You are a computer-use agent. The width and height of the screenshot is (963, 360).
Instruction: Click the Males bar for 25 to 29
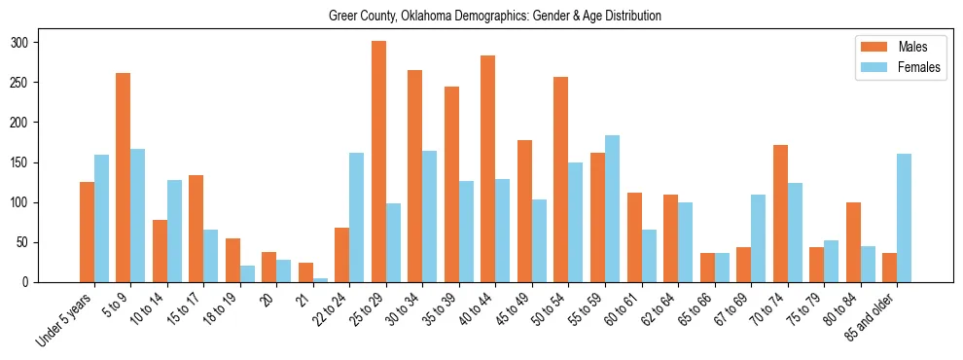pyautogui.click(x=378, y=162)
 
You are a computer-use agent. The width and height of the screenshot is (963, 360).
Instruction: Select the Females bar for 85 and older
pyautogui.click(x=904, y=218)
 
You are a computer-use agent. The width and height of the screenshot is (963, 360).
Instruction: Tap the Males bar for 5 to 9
pyautogui.click(x=124, y=177)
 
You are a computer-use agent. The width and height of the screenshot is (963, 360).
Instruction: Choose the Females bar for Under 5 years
pyautogui.click(x=101, y=218)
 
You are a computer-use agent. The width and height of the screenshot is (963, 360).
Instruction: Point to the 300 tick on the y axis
pyautogui.click(x=38, y=43)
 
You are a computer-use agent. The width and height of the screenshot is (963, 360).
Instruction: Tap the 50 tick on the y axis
pyautogui.click(x=38, y=242)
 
